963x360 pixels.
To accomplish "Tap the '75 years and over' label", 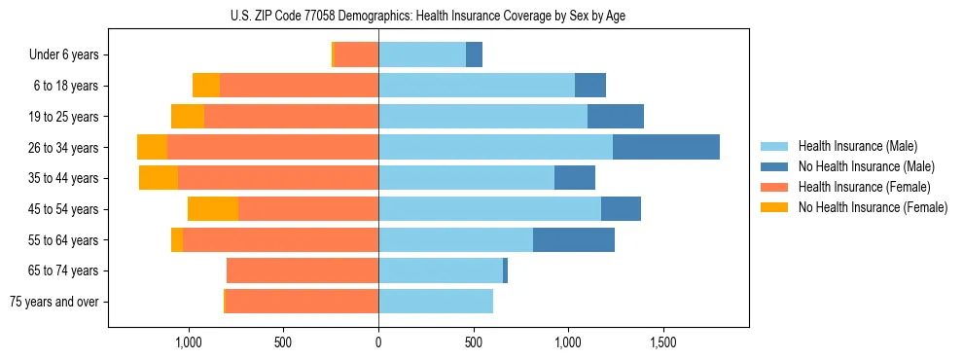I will (x=55, y=302).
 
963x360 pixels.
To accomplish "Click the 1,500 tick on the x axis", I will (x=662, y=342).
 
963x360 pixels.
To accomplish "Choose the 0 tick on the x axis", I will (x=378, y=342).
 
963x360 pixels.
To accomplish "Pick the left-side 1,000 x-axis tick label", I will (x=188, y=342).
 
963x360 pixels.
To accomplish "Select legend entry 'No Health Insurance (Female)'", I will (x=873, y=207).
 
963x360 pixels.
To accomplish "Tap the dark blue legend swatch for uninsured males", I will (x=774, y=166).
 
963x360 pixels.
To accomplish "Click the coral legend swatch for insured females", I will (x=774, y=187).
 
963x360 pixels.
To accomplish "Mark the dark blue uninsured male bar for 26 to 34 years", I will (x=666, y=147).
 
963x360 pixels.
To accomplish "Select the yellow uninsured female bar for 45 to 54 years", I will (x=213, y=208).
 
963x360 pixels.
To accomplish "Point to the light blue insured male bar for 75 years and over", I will (x=436, y=302).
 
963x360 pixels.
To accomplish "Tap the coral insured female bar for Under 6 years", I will (x=356, y=54).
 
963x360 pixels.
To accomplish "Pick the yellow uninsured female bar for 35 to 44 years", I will (x=159, y=178).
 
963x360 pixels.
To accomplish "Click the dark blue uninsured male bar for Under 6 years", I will (x=475, y=54).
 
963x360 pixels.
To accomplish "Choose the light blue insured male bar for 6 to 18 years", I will (x=477, y=86).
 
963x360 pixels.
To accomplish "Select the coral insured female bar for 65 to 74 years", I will (x=303, y=270).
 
